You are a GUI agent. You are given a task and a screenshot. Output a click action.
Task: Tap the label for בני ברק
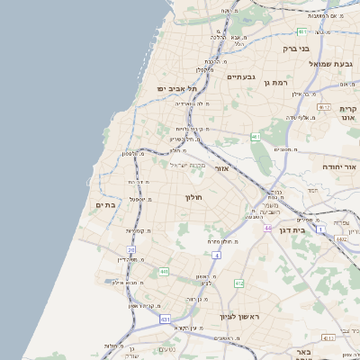[x=295, y=48]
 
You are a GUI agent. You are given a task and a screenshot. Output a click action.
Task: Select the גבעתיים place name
[x=241, y=76]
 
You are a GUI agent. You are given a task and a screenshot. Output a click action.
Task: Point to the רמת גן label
[x=272, y=82]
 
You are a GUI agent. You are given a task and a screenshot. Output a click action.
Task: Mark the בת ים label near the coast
[x=106, y=206]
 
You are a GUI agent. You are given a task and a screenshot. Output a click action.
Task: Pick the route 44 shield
[x=267, y=228]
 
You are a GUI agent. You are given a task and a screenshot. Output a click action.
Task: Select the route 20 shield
[x=131, y=250]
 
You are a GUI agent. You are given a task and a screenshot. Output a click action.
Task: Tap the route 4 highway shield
[x=217, y=256]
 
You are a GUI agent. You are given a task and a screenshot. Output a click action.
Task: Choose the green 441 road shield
[x=163, y=271]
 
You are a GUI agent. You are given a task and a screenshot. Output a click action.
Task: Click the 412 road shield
[x=238, y=283]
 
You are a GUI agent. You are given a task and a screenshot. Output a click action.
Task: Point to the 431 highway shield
[x=165, y=319]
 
